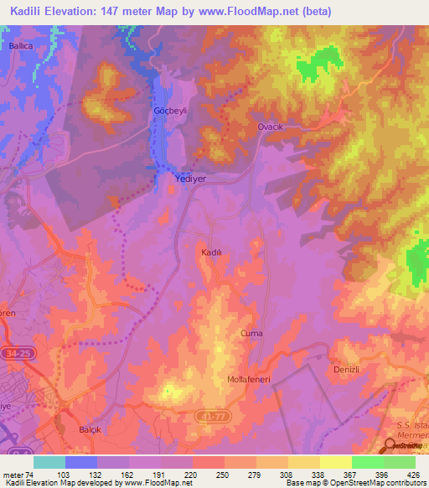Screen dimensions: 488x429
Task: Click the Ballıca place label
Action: pyautogui.click(x=20, y=46)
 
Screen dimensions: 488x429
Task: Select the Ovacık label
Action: pyautogui.click(x=271, y=127)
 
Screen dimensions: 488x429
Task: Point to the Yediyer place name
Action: pyautogui.click(x=189, y=179)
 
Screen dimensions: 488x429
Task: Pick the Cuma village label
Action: pyautogui.click(x=251, y=334)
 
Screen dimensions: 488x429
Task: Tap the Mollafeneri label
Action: pyautogui.click(x=247, y=380)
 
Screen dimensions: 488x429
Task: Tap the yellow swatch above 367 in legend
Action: pyautogui.click(x=335, y=462)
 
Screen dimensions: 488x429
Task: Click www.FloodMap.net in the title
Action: pyautogui.click(x=250, y=11)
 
